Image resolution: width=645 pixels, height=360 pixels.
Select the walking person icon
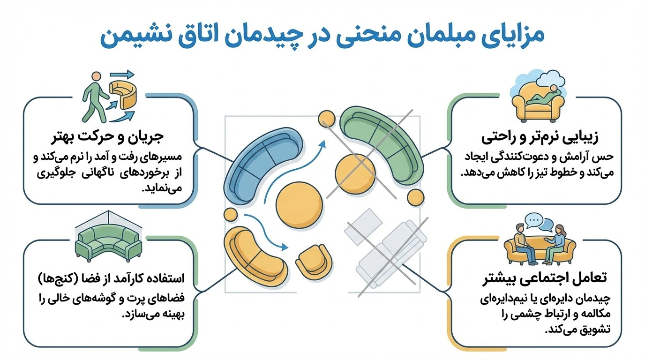(93, 96)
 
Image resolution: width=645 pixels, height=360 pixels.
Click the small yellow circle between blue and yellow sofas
(231, 214)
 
